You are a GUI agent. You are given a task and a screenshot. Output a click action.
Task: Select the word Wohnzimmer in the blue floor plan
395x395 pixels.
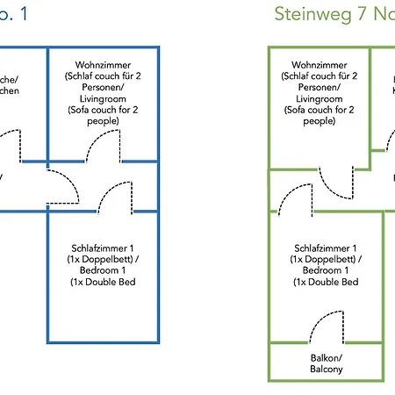[103, 65]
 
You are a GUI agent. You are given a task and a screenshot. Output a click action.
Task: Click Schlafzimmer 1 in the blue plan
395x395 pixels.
[103, 248]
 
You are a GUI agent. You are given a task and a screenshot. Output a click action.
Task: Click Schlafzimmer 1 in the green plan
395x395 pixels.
[326, 248]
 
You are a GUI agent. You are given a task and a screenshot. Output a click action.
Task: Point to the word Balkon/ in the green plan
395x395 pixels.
[326, 359]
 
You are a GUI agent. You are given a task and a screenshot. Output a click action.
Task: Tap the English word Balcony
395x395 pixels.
[326, 370]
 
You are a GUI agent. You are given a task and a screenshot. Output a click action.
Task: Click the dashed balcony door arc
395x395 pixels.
[326, 331]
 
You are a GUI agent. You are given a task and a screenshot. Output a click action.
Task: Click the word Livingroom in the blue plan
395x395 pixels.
[103, 99]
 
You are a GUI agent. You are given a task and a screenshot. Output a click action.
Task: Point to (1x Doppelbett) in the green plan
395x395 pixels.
[326, 260]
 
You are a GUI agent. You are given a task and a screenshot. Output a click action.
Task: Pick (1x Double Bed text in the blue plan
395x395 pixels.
[103, 282]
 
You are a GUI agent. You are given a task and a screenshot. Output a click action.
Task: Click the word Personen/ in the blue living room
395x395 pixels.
[103, 88]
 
